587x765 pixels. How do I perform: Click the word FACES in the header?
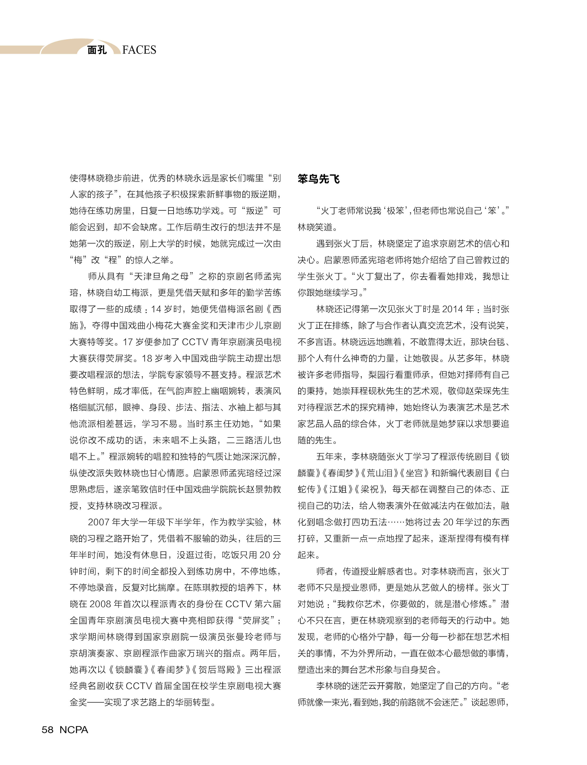(x=139, y=50)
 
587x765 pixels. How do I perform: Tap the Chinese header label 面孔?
(x=97, y=50)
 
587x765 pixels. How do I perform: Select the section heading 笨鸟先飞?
(x=318, y=179)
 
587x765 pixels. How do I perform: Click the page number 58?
(x=48, y=730)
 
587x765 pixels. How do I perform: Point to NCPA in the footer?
(x=74, y=730)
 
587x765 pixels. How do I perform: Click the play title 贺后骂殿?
(x=219, y=669)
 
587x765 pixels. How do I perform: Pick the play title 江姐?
(x=338, y=489)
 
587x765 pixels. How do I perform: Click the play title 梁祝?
(x=370, y=489)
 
